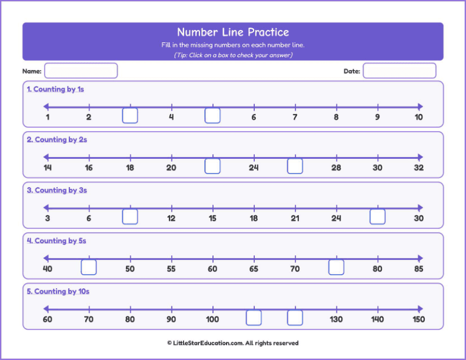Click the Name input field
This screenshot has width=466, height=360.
point(81,71)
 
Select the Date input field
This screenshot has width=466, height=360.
point(399,71)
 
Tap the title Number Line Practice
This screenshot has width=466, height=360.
point(233,32)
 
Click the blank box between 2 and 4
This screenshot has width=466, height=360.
point(130,116)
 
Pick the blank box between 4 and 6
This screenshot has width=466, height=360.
point(212,116)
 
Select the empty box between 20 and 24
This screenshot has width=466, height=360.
point(212,166)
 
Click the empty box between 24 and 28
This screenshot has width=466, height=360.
point(295,166)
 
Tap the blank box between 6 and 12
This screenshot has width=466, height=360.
point(130,217)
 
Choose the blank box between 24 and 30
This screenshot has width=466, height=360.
point(377,217)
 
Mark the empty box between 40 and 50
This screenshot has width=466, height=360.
point(89,268)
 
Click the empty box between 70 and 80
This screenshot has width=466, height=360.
point(336,268)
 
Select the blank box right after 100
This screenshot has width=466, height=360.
point(254,318)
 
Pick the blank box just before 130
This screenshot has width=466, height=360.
point(295,318)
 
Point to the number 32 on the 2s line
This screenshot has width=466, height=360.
point(418,168)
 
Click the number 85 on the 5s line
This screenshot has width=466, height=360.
point(418,269)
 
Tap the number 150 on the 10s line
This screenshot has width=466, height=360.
point(418,319)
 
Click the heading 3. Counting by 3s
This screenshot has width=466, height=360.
point(57,191)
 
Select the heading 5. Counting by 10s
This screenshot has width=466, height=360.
point(58,292)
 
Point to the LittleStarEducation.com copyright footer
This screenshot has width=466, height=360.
point(233,343)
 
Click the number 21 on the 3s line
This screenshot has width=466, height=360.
point(295,218)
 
